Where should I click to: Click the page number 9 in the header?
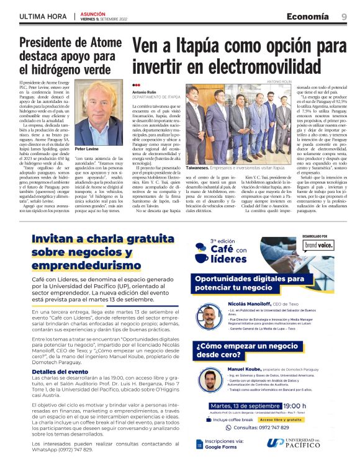tap(344, 16)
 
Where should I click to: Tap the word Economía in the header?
tap(309, 16)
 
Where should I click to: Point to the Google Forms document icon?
tap(200, 444)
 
